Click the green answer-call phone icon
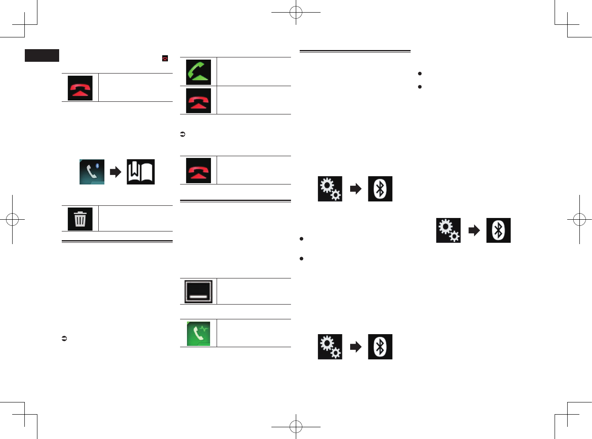click(198, 72)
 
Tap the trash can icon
click(80, 219)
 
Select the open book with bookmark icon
click(140, 172)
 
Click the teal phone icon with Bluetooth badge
click(92, 172)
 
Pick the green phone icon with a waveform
click(198, 334)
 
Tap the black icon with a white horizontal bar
click(198, 292)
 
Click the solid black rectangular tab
click(42, 56)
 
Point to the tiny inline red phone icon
click(165, 58)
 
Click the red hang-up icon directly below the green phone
click(198, 101)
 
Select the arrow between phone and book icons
click(115, 172)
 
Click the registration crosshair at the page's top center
click(296, 13)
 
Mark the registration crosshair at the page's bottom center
click(296, 427)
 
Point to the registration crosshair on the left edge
click(12, 220)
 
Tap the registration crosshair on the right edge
click(579, 220)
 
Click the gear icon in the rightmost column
click(448, 230)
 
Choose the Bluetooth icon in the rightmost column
click(498, 230)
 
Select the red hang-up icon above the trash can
click(80, 88)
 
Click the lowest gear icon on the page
click(330, 347)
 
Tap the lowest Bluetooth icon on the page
click(380, 347)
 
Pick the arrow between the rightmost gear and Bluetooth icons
click(474, 230)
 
